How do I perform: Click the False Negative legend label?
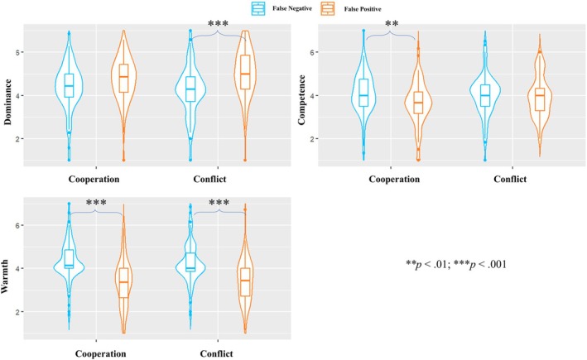point(292,8)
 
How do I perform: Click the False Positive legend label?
point(363,9)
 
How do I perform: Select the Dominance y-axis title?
point(7,102)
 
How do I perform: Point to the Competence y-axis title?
point(301,99)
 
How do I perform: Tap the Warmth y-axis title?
point(5,276)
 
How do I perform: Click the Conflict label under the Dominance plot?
point(209,180)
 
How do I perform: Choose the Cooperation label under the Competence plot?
point(394,180)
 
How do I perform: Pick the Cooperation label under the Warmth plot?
point(101,353)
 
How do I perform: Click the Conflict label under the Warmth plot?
point(216,353)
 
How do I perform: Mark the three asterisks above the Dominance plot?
point(218,24)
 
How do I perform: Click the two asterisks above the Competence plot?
point(392,24)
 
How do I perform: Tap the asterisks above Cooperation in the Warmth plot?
point(96,203)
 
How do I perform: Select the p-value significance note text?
point(456,265)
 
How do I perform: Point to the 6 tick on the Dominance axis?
point(18,52)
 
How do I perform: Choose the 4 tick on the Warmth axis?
point(18,268)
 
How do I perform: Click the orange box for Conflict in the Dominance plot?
point(245,72)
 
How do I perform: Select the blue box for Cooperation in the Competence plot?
point(363,93)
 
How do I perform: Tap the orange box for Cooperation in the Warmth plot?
point(123,282)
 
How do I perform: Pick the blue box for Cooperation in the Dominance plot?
point(69,85)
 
